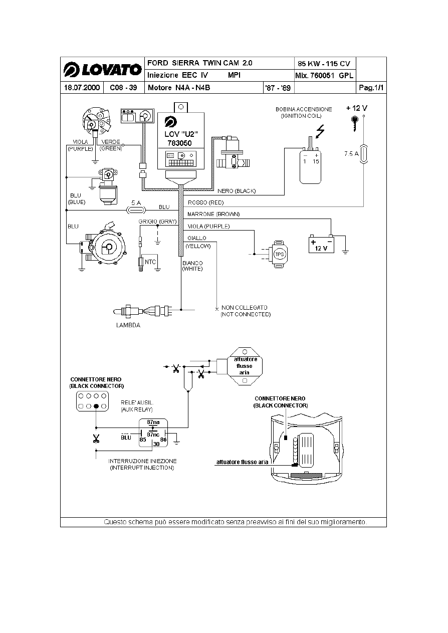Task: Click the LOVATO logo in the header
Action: coord(102,69)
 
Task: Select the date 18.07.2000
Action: coord(82,88)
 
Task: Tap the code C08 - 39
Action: coord(123,88)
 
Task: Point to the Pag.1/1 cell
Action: coord(371,88)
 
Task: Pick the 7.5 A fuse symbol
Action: coord(364,154)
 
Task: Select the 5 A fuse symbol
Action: coord(136,210)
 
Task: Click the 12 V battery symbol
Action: coord(321,245)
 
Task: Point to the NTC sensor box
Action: coord(150,262)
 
